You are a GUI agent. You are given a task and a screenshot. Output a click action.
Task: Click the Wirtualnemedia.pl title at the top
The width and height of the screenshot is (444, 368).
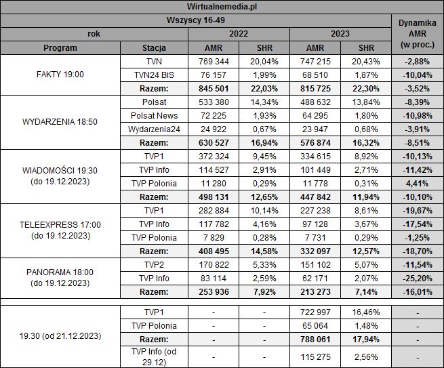[197, 7]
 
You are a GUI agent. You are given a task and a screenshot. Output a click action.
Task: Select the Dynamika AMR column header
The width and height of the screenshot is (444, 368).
[418, 33]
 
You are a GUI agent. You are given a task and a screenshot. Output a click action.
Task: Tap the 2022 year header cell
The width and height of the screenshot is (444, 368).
[239, 33]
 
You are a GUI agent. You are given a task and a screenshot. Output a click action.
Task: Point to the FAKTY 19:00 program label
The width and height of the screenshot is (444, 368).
[60, 75]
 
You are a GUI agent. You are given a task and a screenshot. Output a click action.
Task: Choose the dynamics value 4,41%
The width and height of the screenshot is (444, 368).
[418, 183]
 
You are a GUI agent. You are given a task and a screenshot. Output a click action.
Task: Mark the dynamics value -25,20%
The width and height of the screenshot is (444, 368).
[418, 278]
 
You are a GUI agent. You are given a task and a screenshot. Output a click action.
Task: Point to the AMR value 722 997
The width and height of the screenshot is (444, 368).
[315, 312]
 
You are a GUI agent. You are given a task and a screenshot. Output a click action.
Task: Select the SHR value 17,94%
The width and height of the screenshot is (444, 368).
[365, 339]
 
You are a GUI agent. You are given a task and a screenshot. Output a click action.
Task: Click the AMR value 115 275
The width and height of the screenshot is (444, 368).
[315, 356]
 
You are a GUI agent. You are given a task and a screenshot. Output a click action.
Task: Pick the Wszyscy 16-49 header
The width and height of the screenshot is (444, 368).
[197, 20]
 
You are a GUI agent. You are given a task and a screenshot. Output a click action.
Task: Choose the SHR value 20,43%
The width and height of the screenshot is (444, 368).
[365, 62]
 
